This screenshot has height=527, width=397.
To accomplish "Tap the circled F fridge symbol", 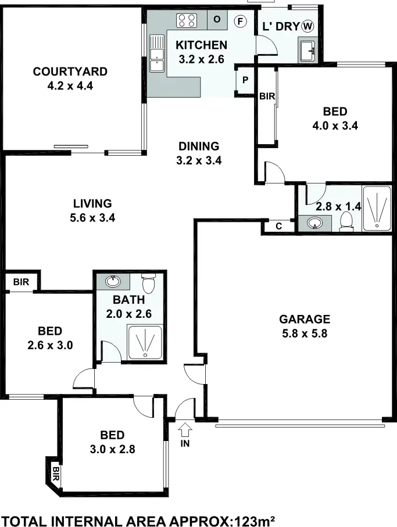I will click(239, 21).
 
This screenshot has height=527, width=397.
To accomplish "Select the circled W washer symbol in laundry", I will click(307, 26).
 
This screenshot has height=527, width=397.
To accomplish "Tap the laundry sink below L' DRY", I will click(306, 49).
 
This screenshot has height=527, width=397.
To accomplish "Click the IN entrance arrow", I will click(185, 431).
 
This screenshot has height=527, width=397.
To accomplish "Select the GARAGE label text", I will click(305, 319).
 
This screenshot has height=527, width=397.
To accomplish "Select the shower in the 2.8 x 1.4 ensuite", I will click(377, 208).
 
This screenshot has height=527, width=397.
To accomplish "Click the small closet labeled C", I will click(278, 227).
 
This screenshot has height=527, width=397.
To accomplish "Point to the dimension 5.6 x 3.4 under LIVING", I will click(92, 218).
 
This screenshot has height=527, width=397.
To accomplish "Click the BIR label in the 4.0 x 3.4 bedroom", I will click(267, 96).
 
